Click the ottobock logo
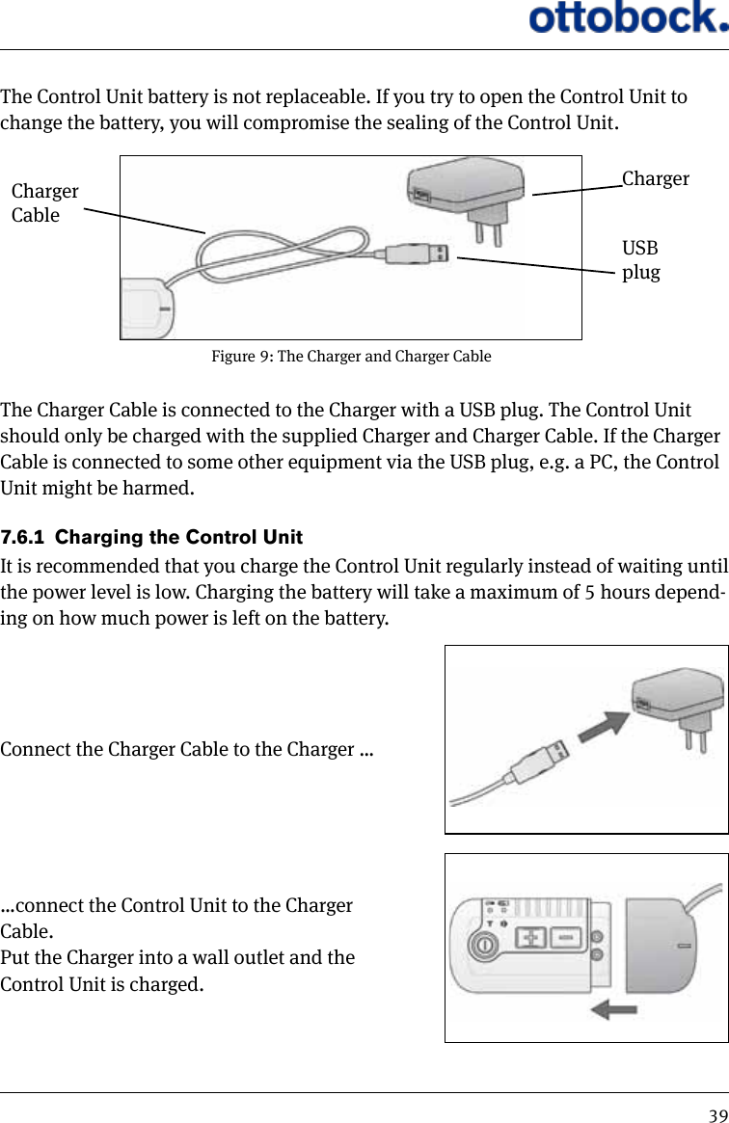pyautogui.click(x=627, y=18)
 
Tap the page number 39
pyautogui.click(x=717, y=1114)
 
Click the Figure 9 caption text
pyautogui.click(x=351, y=357)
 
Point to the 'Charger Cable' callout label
pyautogui.click(x=44, y=202)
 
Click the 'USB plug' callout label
pyautogui.click(x=641, y=260)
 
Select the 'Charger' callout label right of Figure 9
pyautogui.click(x=656, y=178)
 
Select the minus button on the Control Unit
pyautogui.click(x=566, y=937)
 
